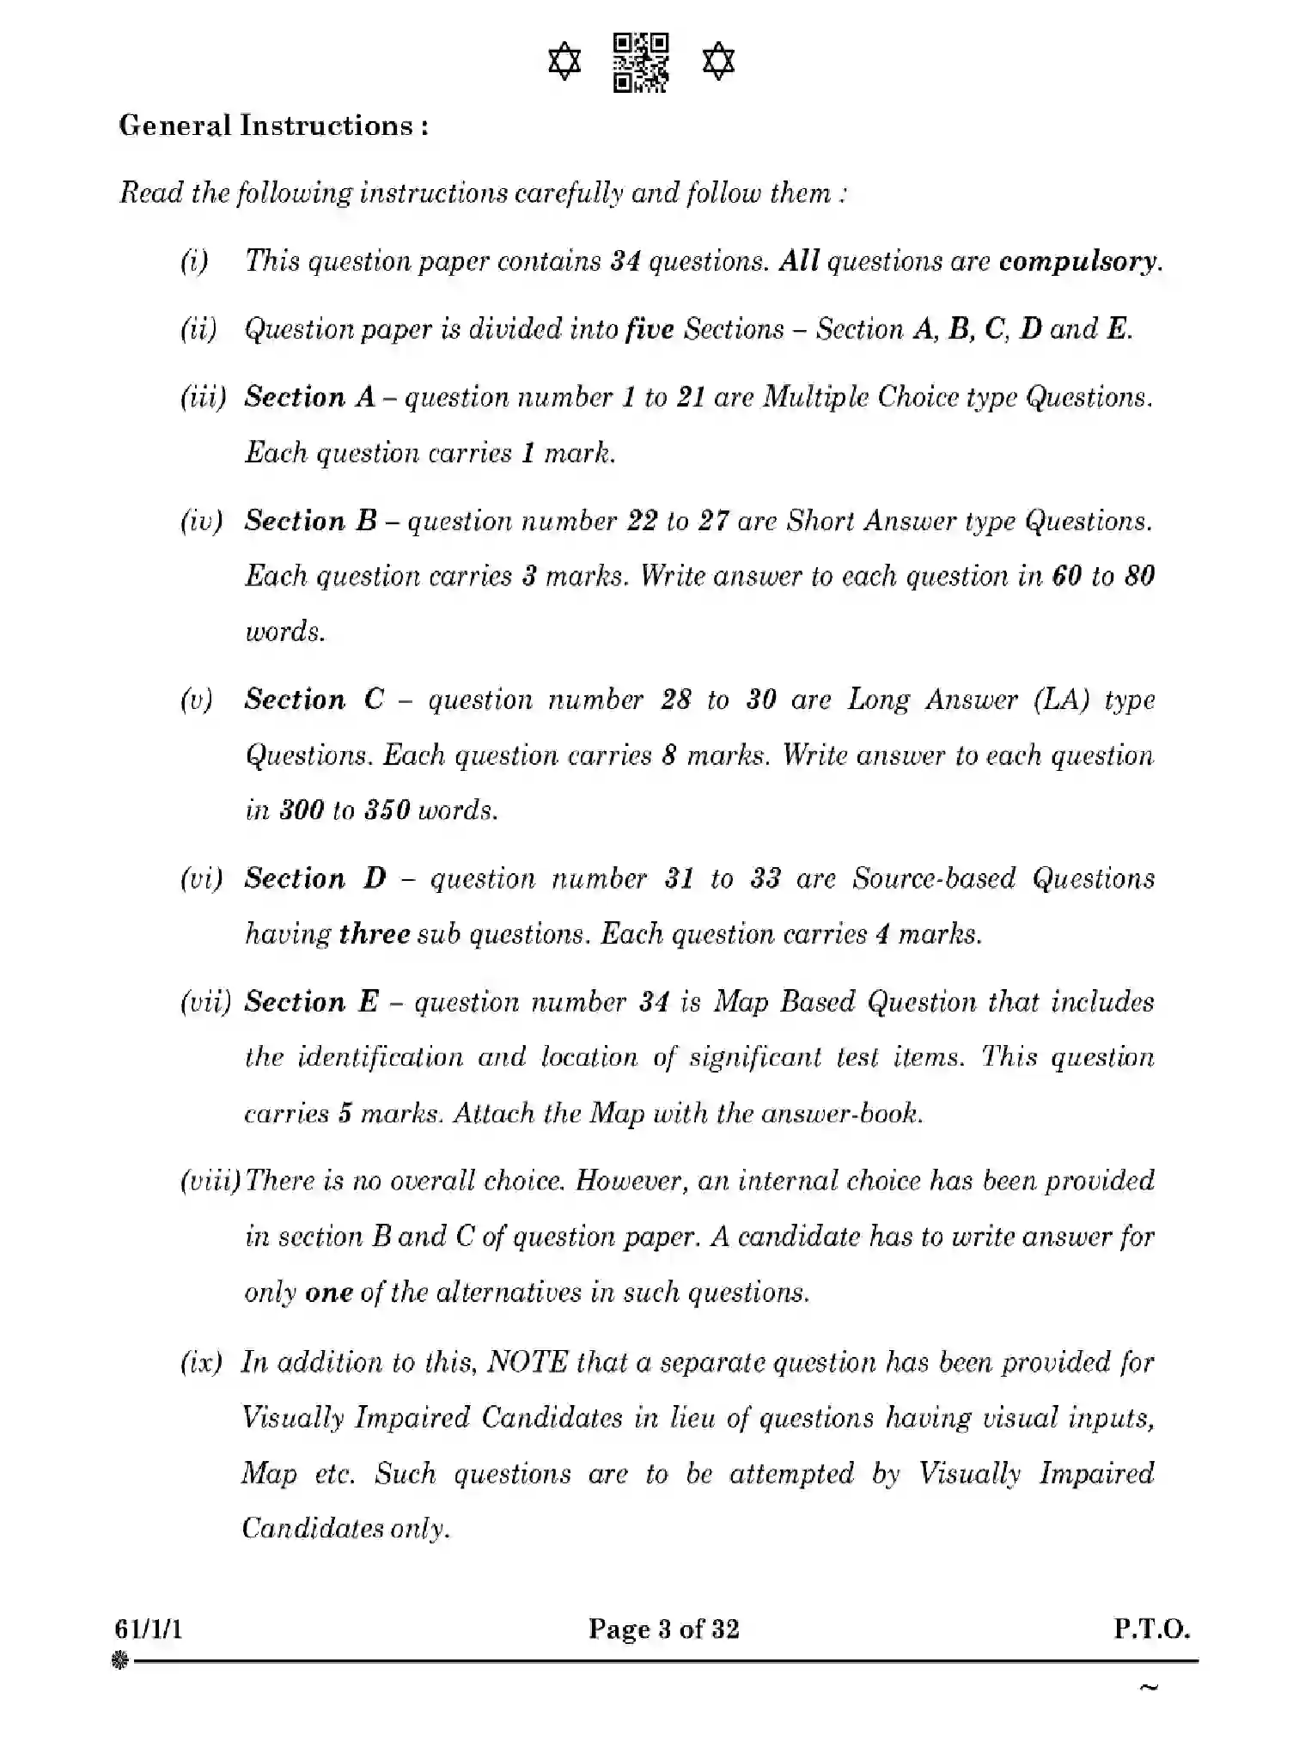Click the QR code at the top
click(641, 63)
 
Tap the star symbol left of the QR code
click(564, 63)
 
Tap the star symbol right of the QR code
click(718, 63)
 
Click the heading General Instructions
click(274, 126)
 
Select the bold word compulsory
click(1078, 261)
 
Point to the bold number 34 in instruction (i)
click(625, 261)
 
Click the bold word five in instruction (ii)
click(650, 329)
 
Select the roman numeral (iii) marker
click(203, 397)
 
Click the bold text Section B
click(310, 521)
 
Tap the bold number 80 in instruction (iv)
click(1138, 576)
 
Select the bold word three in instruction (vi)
click(374, 934)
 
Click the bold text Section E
click(311, 1002)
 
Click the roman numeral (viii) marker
click(210, 1182)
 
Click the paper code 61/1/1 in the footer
click(148, 1629)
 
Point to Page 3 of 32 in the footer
click(663, 1629)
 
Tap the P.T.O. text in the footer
click(1151, 1629)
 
